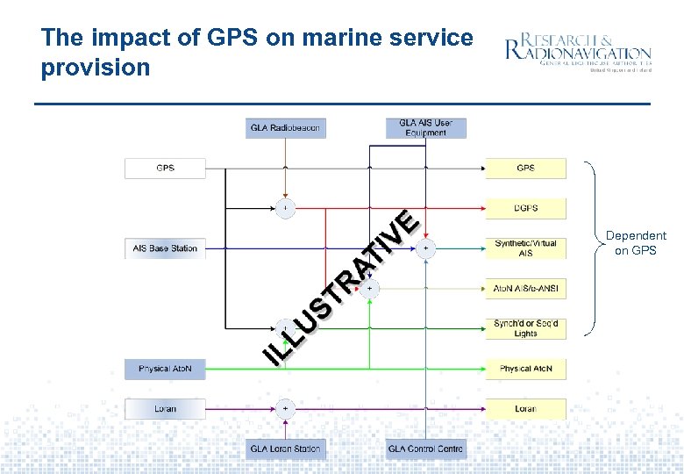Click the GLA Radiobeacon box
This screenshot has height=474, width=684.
point(285,128)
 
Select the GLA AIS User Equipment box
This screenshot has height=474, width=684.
point(425,128)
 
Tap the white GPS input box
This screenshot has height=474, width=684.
point(165,168)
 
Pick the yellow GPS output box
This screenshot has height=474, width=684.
point(526,168)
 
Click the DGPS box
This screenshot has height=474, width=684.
point(526,208)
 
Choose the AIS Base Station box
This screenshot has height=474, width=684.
point(165,248)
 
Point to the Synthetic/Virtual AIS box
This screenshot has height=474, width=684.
point(526,248)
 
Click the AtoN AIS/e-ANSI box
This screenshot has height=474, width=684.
point(526,288)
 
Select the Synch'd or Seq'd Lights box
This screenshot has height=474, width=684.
point(526,328)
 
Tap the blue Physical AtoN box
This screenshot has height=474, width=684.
point(165,369)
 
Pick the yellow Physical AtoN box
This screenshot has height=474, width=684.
point(526,369)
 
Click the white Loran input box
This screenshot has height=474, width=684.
point(165,409)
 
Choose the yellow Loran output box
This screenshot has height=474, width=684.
point(526,409)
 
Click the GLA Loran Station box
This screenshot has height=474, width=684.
point(285,449)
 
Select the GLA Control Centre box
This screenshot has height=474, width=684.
point(425,449)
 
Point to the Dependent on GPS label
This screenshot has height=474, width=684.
point(636,243)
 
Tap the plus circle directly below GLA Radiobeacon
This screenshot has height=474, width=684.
point(285,208)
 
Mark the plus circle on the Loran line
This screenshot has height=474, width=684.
point(285,409)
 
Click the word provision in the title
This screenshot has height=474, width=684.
point(96,68)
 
